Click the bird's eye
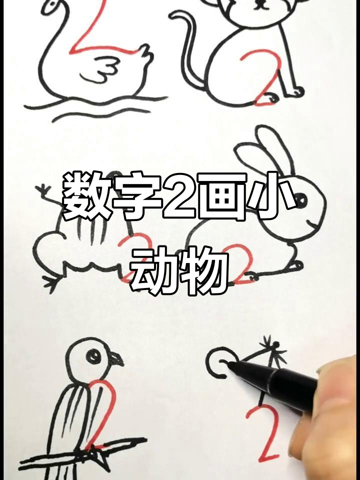(x=93, y=356)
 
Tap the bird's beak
(x=116, y=359)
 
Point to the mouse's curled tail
(x=187, y=50)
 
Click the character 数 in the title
(x=83, y=196)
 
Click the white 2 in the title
(x=180, y=196)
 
